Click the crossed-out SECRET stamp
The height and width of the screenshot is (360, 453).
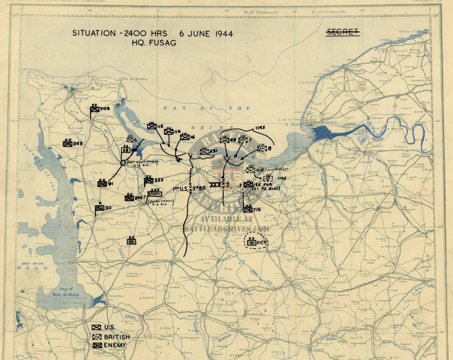[343, 32]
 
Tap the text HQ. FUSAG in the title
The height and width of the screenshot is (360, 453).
[154, 43]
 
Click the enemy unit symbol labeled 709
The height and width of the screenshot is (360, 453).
[95, 109]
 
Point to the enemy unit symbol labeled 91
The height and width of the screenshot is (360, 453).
[102, 183]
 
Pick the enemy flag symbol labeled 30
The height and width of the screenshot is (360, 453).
[99, 208]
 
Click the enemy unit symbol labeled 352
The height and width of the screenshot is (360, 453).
[148, 180]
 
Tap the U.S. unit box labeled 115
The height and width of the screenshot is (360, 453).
[152, 126]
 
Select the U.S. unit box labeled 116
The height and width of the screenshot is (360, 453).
[169, 131]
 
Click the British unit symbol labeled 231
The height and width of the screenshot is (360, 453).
[204, 152]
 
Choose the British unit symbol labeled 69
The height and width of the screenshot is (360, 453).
[224, 140]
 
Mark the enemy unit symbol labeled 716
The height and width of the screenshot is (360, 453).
[248, 209]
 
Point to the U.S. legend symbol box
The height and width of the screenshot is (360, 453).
[96, 327]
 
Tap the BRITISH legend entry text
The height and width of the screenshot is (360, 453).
[117, 337]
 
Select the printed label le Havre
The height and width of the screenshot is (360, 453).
[294, 124]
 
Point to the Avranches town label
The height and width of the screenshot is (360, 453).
[116, 296]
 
